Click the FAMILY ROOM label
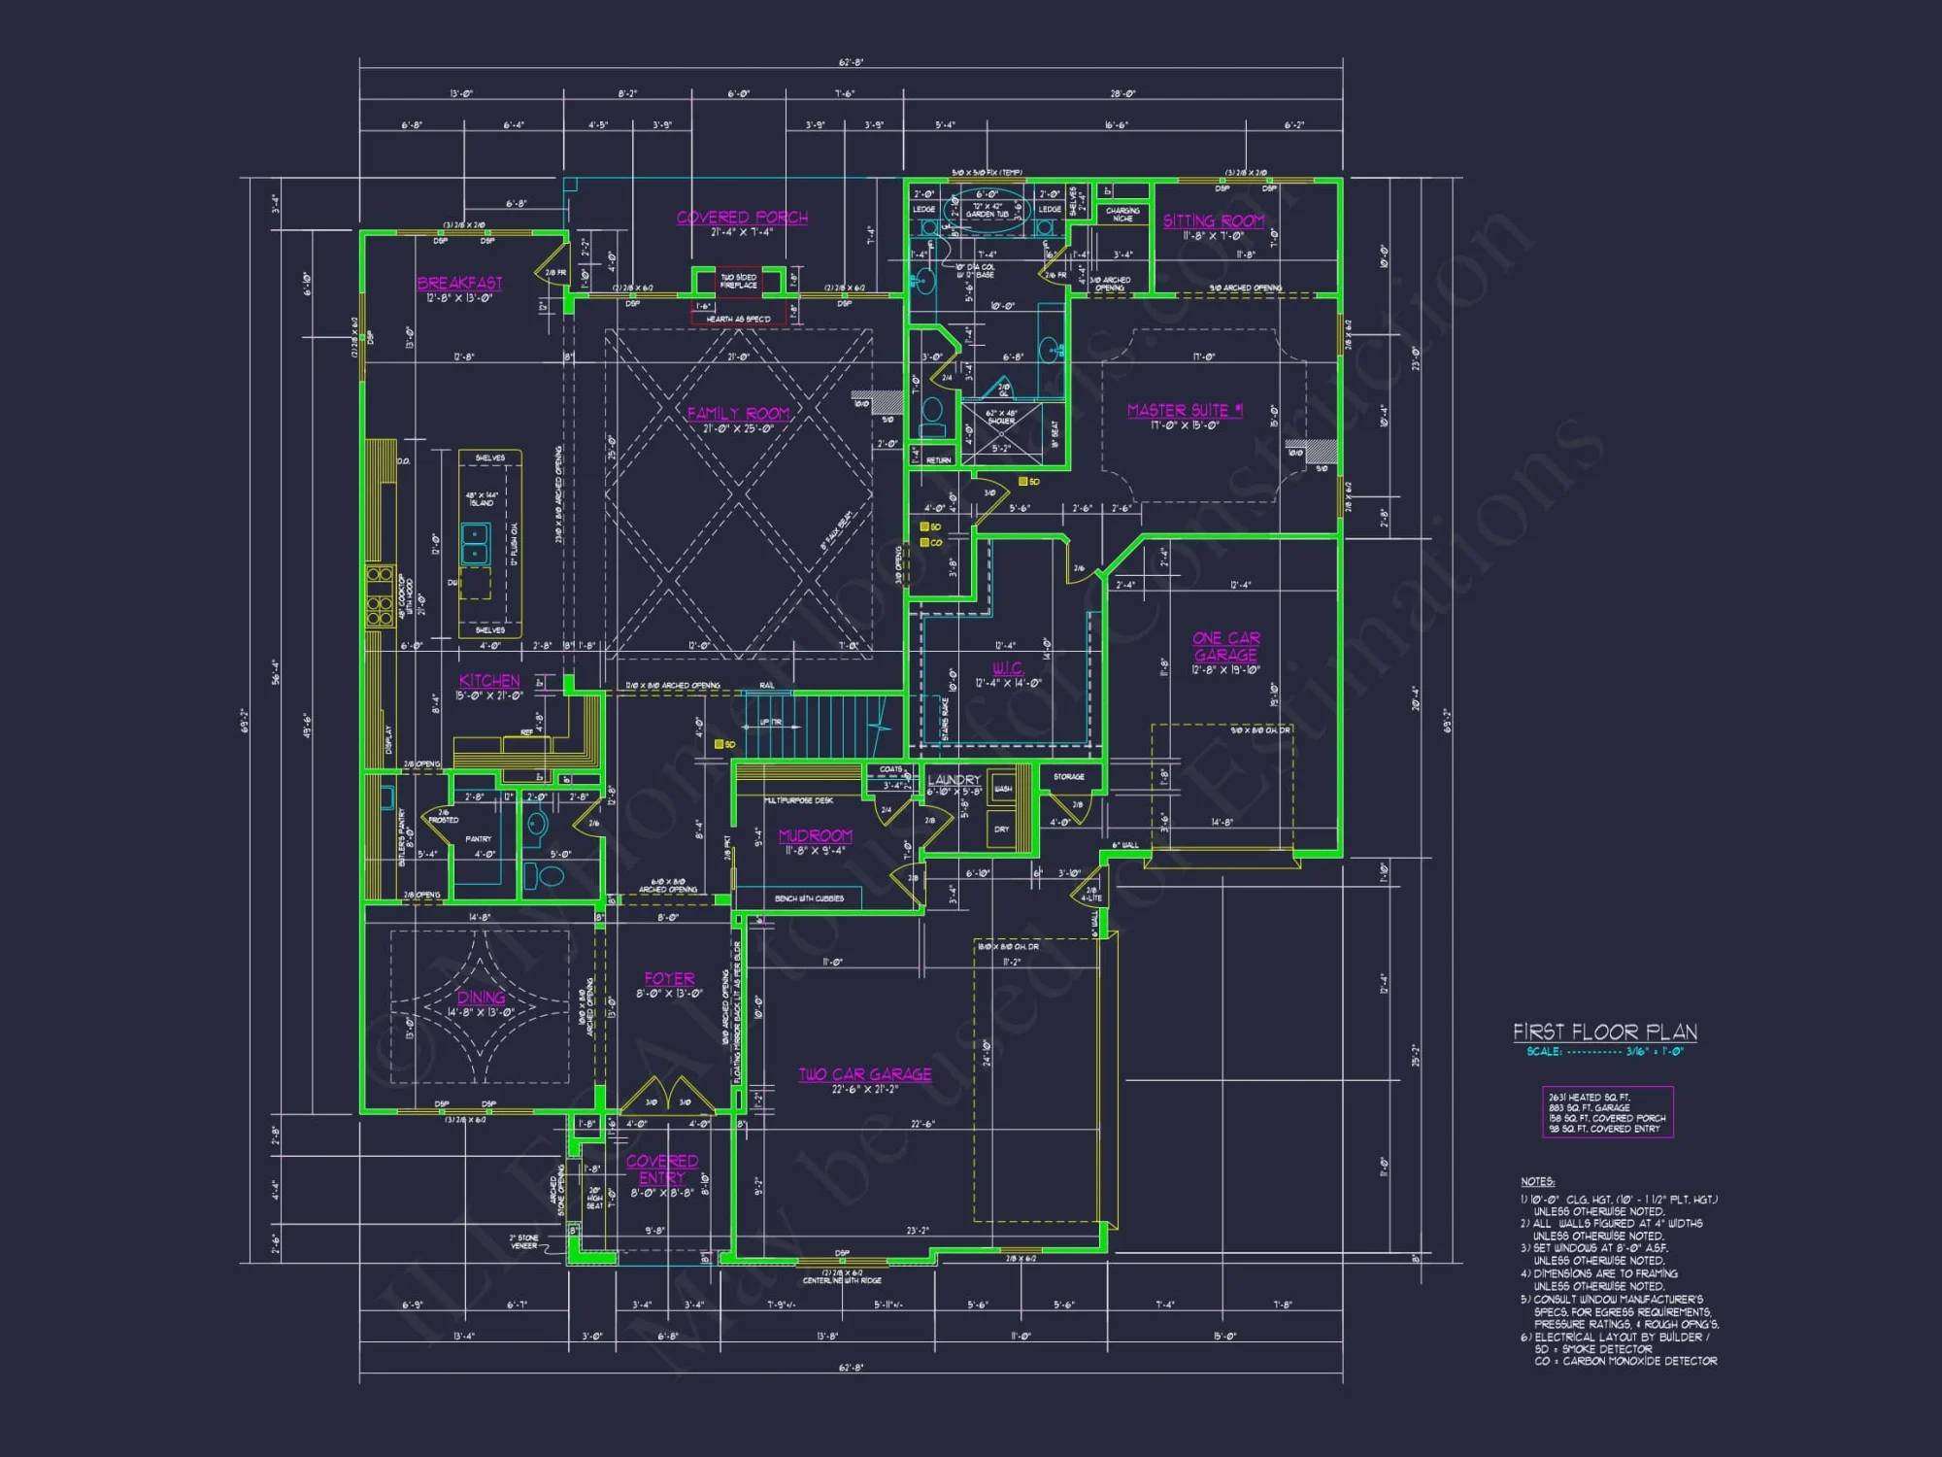pos(738,414)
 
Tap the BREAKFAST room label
pos(460,283)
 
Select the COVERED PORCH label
pos(742,218)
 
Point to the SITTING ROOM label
pos(1214,221)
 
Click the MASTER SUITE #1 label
pos(1185,411)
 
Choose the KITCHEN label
pos(489,681)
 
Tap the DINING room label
pos(481,998)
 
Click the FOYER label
pos(669,979)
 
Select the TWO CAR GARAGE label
pos(865,1074)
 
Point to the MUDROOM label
pos(816,836)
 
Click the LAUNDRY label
pos(954,780)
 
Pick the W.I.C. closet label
pos(1008,668)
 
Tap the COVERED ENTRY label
pos(662,1169)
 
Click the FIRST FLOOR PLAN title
pos(1604,1033)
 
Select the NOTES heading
pos(1537,1182)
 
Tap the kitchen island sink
pos(475,544)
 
